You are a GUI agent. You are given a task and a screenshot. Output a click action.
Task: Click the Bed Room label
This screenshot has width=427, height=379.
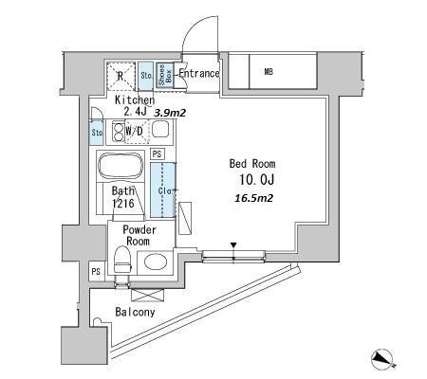click(252, 164)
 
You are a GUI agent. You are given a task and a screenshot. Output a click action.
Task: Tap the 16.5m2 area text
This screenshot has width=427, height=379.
click(254, 198)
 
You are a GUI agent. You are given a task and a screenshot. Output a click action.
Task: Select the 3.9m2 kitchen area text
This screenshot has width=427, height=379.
click(170, 113)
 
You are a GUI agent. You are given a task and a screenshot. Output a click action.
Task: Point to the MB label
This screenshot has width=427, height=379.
click(269, 72)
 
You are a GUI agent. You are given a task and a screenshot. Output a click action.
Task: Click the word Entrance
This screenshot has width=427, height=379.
click(199, 73)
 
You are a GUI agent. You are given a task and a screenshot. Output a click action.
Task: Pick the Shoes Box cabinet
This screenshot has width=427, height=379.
click(165, 75)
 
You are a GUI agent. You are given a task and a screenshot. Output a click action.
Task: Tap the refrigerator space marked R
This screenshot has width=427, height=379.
click(121, 76)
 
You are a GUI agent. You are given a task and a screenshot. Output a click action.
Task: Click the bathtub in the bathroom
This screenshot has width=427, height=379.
click(121, 166)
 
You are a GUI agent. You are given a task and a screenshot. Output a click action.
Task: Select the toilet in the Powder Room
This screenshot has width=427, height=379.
click(122, 260)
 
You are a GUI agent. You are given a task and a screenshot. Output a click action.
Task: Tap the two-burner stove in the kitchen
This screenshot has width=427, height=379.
click(118, 132)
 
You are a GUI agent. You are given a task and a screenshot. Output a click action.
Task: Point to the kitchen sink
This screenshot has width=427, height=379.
click(160, 130)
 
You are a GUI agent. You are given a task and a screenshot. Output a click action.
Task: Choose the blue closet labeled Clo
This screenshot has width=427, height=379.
click(162, 189)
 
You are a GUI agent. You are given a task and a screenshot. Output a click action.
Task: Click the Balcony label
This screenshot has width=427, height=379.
click(135, 312)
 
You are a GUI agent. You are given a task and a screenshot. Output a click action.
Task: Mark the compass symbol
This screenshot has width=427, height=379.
click(383, 360)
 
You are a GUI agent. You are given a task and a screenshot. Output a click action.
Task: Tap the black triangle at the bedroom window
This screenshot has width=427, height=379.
click(233, 245)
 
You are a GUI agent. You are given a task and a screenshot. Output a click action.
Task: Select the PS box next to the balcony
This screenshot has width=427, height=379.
click(96, 271)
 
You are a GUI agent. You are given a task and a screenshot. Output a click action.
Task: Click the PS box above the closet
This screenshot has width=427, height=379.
click(157, 154)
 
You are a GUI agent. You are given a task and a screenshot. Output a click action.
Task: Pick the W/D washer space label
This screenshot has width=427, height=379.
click(134, 131)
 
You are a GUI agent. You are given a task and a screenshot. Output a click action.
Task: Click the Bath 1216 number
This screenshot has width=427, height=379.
click(123, 204)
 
